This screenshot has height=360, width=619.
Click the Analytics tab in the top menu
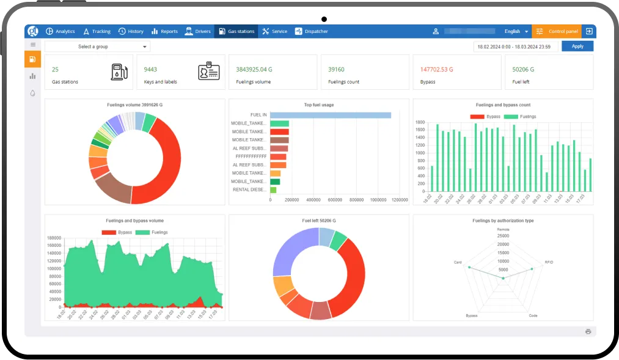60,31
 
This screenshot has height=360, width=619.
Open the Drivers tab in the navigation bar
197,31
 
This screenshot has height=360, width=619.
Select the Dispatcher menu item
312,31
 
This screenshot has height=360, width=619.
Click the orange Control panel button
557,31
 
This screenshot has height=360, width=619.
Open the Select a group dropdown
97,46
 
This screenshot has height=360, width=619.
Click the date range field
515,46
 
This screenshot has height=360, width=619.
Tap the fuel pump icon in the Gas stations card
119,72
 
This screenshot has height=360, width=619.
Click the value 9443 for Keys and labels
150,70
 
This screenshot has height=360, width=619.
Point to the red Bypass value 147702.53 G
436,70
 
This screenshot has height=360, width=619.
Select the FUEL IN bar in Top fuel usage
330,115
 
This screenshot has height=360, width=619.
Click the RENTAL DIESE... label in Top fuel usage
249,189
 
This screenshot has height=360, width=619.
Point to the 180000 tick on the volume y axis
54,238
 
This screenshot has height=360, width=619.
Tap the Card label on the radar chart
458,262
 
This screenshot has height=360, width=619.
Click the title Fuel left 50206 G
318,221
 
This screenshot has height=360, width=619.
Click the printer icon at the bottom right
588,331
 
